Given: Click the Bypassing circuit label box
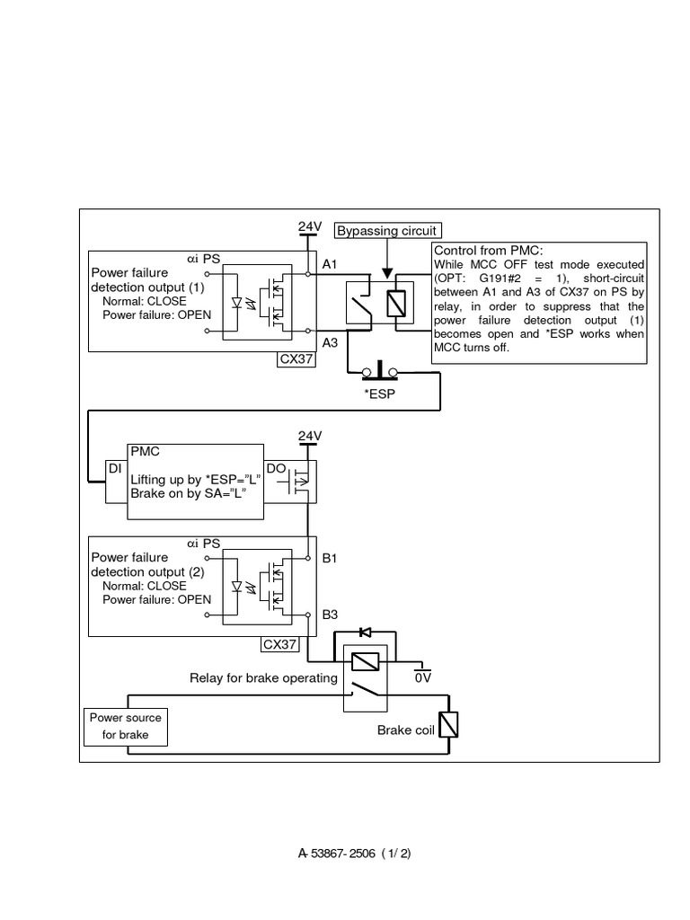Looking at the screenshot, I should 386,231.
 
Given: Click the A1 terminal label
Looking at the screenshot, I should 330,265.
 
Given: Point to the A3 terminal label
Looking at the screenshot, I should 330,342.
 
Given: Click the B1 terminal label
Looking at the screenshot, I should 330,558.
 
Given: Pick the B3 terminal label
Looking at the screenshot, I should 330,615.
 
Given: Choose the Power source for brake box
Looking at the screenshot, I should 125,726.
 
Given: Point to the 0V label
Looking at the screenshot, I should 423,677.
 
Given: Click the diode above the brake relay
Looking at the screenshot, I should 363,633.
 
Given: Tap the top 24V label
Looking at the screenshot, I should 310,226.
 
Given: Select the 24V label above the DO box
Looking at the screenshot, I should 310,436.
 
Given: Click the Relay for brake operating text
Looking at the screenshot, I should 263,677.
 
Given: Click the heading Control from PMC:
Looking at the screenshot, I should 489,250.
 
